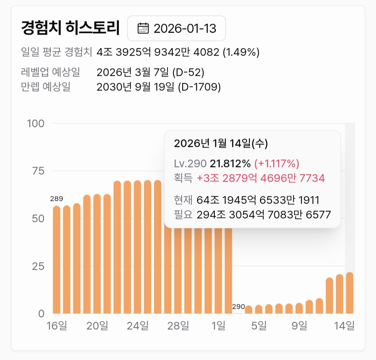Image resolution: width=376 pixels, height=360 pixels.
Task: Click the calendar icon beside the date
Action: [143, 28]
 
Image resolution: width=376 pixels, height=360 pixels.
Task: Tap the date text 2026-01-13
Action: [185, 28]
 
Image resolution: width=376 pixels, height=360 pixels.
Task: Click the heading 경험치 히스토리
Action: [70, 28]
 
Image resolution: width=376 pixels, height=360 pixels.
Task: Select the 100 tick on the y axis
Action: [36, 124]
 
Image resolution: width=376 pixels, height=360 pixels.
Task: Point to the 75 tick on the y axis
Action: [39, 171]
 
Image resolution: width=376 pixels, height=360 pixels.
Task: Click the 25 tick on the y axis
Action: [39, 266]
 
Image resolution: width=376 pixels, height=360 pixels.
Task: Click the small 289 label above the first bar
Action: [56, 199]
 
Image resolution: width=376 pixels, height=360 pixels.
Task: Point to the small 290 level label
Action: [238, 307]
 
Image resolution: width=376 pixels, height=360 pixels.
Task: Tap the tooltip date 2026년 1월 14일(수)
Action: [221, 143]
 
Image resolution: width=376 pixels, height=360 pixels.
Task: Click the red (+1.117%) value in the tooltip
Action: [277, 163]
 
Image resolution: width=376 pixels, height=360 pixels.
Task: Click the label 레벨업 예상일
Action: [50, 72]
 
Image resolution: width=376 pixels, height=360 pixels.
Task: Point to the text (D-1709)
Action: [199, 87]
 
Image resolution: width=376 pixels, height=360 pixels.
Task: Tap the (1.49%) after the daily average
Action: [241, 53]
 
